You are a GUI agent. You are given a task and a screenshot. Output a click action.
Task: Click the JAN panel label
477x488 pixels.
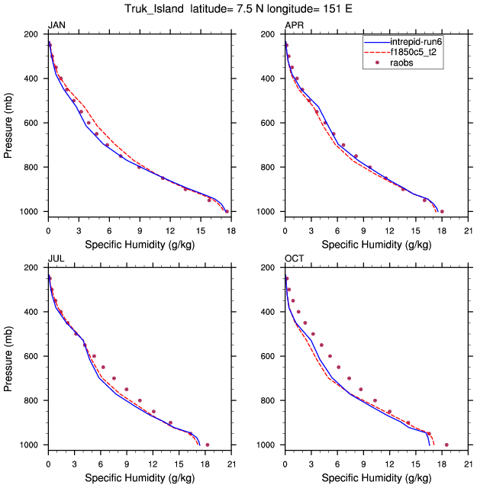coord(56,25)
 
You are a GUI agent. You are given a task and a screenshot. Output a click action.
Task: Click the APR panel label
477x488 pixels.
coord(294,25)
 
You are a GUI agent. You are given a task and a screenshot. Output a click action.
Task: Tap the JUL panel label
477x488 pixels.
coord(56,258)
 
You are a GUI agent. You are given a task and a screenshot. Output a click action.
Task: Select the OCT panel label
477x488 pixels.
coord(295,258)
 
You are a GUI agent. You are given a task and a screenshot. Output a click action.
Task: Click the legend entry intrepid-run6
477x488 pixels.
coord(417,42)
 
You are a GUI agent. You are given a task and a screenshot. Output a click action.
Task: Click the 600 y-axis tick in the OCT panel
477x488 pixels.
coord(268,356)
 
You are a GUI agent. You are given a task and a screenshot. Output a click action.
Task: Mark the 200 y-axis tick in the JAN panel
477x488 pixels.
coord(31,34)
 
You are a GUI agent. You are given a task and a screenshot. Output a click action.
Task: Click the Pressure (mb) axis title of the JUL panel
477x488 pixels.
coord(9,356)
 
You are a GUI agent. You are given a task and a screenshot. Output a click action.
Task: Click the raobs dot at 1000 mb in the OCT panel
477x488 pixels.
coord(446,445)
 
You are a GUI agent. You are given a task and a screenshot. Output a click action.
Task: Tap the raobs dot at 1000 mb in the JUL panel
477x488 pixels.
coord(208,445)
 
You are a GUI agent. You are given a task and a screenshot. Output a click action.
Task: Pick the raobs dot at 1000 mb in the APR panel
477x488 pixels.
coord(442,211)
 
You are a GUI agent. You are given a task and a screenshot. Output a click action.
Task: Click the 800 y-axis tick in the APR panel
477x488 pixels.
coord(268,167)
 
